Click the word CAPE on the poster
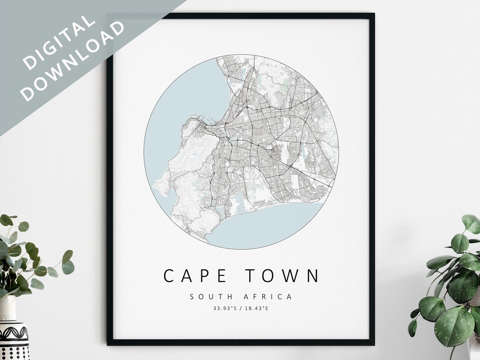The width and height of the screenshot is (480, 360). click(196, 276)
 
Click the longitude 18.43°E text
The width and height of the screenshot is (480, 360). click(256, 308)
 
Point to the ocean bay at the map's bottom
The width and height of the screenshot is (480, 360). click(262, 222)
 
